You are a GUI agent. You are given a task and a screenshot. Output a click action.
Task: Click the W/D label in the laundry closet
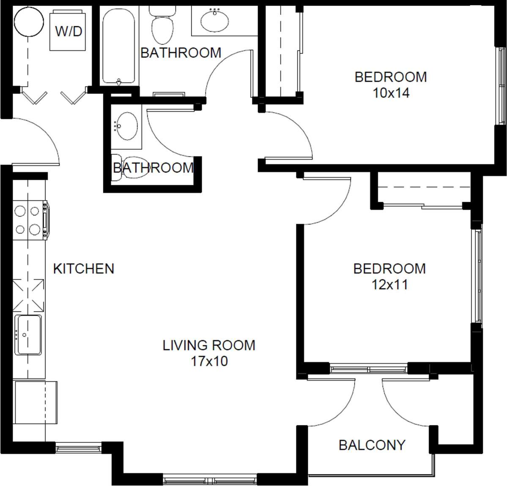point(69,31)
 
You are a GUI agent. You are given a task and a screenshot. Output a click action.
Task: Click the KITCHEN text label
point(83,269)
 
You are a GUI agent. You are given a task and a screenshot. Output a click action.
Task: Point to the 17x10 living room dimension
point(209,361)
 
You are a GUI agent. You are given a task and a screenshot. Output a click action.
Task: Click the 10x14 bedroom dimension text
point(391,93)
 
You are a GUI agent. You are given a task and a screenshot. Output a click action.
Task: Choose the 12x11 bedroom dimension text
point(389,285)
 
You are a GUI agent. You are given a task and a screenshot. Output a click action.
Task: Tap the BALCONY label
point(372,445)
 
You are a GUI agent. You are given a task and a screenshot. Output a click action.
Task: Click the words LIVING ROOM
point(209,345)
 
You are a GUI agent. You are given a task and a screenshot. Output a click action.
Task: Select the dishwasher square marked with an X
point(29,294)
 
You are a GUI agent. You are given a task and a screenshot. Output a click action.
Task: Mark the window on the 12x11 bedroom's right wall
point(477,277)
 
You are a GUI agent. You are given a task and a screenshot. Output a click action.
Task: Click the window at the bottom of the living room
point(210,480)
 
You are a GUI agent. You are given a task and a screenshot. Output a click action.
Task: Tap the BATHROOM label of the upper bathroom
point(181,53)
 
